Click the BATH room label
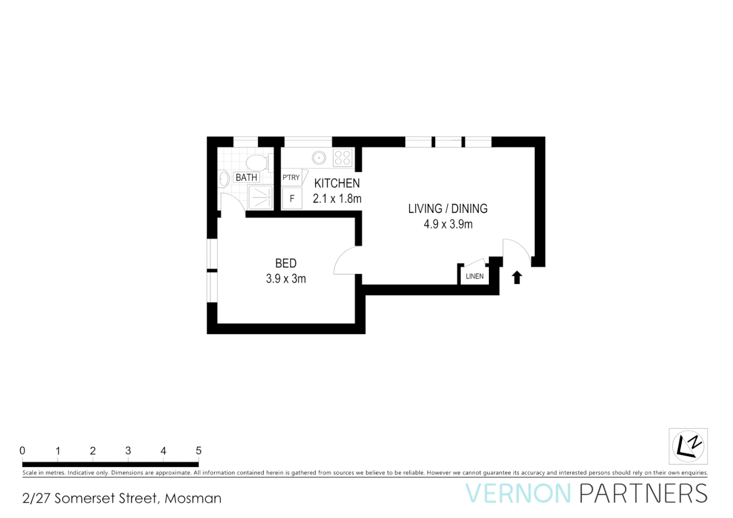pos(247,177)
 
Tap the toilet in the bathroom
pos(257,162)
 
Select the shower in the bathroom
pos(260,197)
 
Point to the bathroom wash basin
pos(224,179)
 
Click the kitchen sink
pos(319,157)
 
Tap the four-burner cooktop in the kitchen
pos(343,157)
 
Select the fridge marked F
pos(292,199)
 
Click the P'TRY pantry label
pos(291,177)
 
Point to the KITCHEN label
pos(337,183)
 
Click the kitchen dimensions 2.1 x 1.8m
pos(337,199)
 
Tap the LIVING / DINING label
pos(448,209)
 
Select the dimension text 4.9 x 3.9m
pos(448,224)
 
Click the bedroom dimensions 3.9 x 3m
pos(286,279)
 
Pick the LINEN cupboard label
pos(474,276)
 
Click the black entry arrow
pos(517,277)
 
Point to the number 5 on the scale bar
pos(199,451)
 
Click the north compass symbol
pos(688,446)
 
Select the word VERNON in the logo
pos(518,494)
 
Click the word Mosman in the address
pos(193,498)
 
